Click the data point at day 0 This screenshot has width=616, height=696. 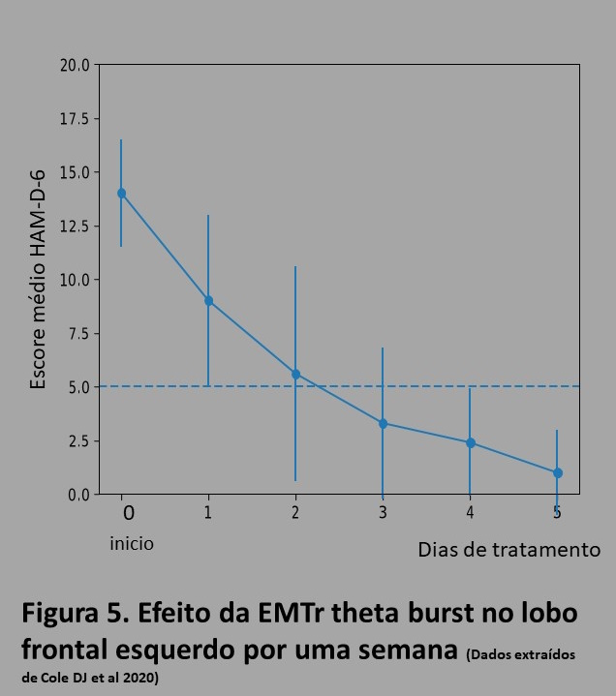[x=121, y=193]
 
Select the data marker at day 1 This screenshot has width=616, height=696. [x=208, y=300]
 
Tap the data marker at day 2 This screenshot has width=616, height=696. [x=295, y=374]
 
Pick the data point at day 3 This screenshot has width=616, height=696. [x=383, y=423]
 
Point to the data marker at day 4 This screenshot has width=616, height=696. [x=470, y=442]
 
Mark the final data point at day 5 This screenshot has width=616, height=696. [x=557, y=472]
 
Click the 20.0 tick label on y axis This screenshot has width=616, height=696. [x=75, y=66]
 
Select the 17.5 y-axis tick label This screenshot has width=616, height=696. [x=75, y=119]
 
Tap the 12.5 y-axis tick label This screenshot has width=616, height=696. [x=75, y=227]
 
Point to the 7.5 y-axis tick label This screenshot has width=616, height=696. [x=77, y=334]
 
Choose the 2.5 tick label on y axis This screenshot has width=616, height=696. [x=77, y=441]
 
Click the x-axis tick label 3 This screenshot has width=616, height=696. [x=383, y=512]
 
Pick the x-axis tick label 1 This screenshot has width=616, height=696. [x=208, y=512]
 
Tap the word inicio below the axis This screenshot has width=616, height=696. [x=131, y=543]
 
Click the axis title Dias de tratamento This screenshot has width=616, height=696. [x=508, y=550]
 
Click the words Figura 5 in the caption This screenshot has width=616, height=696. [x=76, y=614]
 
